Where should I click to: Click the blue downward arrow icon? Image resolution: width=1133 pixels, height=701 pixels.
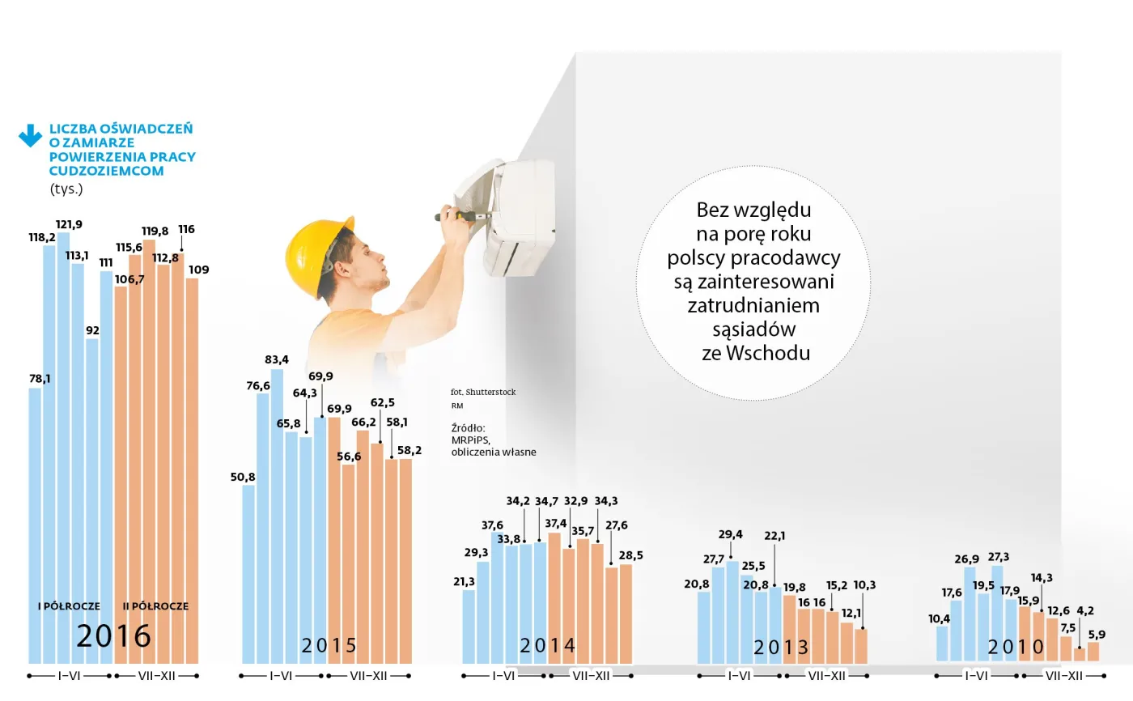(30, 135)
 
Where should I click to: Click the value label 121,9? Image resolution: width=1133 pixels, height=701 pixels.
(70, 224)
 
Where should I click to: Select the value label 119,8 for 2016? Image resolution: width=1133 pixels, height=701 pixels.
(155, 231)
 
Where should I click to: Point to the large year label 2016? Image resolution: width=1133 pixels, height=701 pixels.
(113, 636)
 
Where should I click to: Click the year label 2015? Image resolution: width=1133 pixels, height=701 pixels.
(329, 645)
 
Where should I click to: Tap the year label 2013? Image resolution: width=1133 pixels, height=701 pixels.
(781, 647)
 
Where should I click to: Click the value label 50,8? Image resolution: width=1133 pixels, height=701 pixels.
(243, 477)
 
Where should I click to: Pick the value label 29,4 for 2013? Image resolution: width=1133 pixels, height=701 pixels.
(731, 534)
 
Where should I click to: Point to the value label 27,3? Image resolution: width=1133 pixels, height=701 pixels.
(999, 557)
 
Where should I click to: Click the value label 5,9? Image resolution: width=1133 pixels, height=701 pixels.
(1096, 635)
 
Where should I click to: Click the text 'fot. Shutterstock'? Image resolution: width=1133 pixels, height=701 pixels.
(483, 392)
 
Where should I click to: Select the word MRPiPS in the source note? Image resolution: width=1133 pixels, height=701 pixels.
(471, 440)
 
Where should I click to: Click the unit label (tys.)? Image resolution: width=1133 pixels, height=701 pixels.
(66, 189)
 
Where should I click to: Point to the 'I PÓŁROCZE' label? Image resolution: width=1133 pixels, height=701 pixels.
(70, 606)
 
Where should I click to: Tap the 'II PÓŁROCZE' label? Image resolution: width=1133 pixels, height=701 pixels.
(155, 606)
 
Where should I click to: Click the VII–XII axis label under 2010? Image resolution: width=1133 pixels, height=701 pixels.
(1065, 676)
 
